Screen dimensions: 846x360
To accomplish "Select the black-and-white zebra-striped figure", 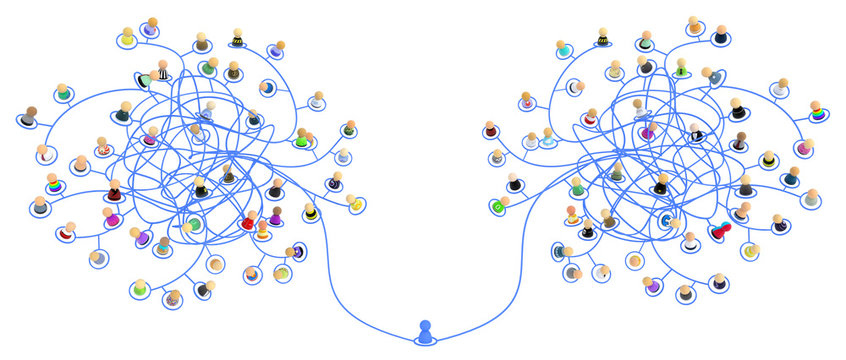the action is (x=162, y=72).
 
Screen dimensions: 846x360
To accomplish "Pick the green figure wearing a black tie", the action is (x=681, y=69).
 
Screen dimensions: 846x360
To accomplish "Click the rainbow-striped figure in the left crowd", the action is (x=53, y=186).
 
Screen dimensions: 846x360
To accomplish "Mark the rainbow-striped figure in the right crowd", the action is (x=817, y=116).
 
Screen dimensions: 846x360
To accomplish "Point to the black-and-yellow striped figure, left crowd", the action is (x=237, y=40).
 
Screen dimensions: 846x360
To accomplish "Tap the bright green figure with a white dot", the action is (x=496, y=206).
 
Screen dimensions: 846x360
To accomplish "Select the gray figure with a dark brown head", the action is (x=30, y=118).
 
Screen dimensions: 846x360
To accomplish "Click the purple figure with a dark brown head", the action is (x=276, y=216).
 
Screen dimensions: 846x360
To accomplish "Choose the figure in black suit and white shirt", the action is (x=696, y=134).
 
